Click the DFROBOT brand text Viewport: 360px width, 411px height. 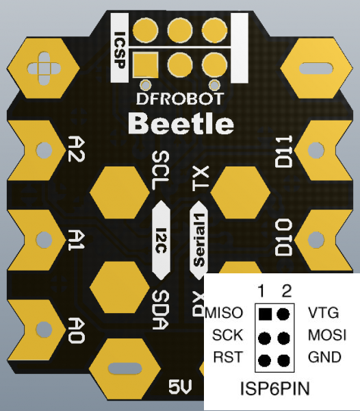pyautogui.click(x=180, y=99)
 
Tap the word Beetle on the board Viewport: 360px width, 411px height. pyautogui.click(x=181, y=124)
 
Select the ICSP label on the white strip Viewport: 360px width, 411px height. pyautogui.click(x=120, y=50)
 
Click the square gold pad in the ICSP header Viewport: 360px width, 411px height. pyautogui.click(x=145, y=65)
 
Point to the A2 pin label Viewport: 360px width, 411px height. pyautogui.click(x=77, y=149)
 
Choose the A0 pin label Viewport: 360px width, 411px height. pyautogui.click(x=77, y=331)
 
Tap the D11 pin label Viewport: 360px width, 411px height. pyautogui.click(x=283, y=151)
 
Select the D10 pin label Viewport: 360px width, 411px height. pyautogui.click(x=283, y=238)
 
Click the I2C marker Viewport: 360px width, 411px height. pyautogui.click(x=162, y=240)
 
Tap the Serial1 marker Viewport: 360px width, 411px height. pyautogui.click(x=199, y=240)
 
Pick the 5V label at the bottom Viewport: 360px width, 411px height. pyautogui.click(x=180, y=387)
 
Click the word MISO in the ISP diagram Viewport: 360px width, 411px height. pyautogui.click(x=224, y=313)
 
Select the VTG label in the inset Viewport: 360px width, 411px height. pyautogui.click(x=324, y=312)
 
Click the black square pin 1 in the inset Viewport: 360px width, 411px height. pyautogui.click(x=265, y=314)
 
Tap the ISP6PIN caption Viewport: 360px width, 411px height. pyautogui.click(x=275, y=388)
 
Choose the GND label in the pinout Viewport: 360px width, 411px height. pyautogui.click(x=324, y=357)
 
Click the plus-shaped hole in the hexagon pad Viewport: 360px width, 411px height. pyautogui.click(x=44, y=68)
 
